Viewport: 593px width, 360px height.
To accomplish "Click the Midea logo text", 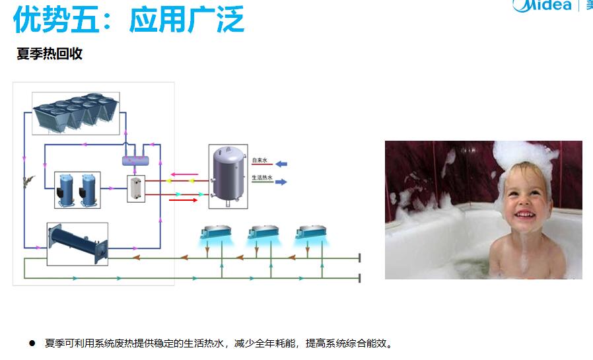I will pyautogui.click(x=542, y=5).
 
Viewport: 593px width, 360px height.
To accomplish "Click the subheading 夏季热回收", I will pyautogui.click(x=50, y=54).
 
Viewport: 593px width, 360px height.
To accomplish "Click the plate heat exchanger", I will pyautogui.click(x=136, y=187).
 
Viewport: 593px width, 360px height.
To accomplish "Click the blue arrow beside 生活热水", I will pyautogui.click(x=281, y=182).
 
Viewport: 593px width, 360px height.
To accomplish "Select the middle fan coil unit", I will pyautogui.click(x=262, y=233).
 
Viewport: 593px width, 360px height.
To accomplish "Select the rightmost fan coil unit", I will pyautogui.click(x=310, y=233).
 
